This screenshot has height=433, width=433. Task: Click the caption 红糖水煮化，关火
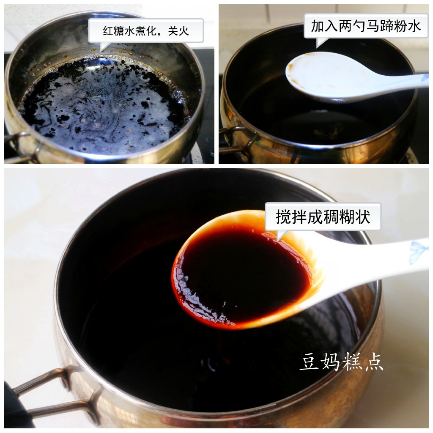146,31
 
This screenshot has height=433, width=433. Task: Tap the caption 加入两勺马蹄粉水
366,26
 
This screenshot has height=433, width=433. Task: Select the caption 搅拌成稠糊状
323,217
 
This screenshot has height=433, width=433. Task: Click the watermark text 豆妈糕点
341,362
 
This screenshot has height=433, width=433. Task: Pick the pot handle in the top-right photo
237,140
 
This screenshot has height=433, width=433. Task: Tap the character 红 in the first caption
108,31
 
